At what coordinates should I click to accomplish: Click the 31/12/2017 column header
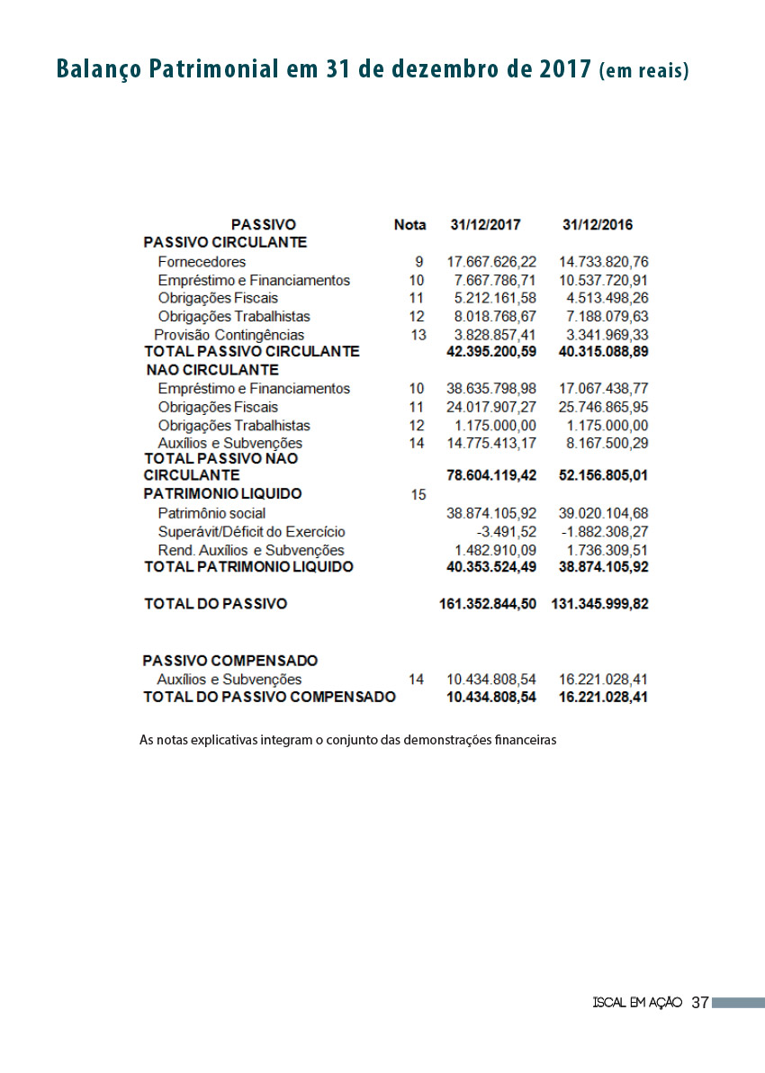(485, 225)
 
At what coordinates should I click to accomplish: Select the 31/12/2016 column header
(598, 225)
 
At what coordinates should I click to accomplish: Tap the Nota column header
(409, 225)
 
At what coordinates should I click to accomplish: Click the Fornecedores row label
(202, 262)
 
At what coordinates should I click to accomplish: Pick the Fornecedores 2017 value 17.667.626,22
(491, 262)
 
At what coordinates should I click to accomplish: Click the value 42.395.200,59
(491, 351)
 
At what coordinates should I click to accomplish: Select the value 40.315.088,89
(603, 351)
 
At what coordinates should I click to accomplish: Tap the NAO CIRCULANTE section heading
(212, 370)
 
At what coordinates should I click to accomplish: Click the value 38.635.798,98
(491, 389)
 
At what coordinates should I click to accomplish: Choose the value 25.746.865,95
(603, 407)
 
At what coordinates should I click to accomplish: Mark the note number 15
(418, 494)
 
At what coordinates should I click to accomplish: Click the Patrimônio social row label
(211, 513)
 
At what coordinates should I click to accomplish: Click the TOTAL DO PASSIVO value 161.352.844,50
(488, 604)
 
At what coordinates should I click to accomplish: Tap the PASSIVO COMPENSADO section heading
(230, 661)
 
